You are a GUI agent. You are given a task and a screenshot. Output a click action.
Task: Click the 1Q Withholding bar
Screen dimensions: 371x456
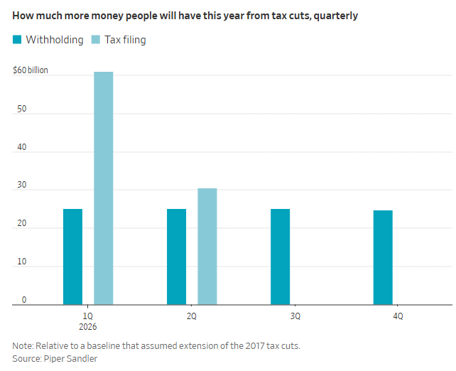[x=72, y=257]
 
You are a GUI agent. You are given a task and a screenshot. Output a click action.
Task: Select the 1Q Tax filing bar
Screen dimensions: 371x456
[x=104, y=188]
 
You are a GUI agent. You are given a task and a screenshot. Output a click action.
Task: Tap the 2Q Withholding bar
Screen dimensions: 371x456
[x=176, y=257]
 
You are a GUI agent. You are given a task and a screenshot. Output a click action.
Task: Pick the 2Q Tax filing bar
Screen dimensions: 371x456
[x=207, y=247]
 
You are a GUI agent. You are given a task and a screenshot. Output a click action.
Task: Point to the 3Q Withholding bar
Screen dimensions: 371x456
[x=280, y=257]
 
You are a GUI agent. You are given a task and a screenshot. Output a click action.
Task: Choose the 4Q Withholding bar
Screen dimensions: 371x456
[x=383, y=257]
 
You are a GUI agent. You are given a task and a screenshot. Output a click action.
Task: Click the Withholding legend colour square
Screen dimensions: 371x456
[x=17, y=41]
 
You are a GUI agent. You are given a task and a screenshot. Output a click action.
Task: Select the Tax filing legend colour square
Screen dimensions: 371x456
[x=97, y=41]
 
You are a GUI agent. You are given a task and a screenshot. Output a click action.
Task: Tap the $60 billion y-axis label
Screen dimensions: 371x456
[x=31, y=70]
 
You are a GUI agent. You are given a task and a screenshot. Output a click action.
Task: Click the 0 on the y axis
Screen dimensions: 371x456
[x=23, y=300]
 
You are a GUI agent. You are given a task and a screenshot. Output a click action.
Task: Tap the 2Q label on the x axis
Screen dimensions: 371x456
[x=192, y=316]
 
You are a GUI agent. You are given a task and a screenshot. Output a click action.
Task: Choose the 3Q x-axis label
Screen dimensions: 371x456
[x=295, y=316]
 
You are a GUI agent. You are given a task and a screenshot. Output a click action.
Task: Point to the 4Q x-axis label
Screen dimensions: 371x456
[x=398, y=316]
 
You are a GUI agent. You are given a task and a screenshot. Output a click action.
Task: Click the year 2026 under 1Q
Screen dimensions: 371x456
[x=88, y=327]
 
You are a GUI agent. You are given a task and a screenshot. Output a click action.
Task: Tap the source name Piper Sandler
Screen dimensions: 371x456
[x=71, y=359]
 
